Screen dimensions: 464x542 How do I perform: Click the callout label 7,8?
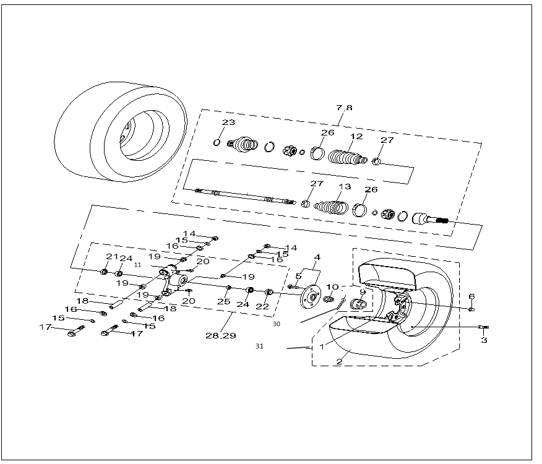point(344,108)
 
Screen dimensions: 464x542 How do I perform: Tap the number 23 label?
point(228,122)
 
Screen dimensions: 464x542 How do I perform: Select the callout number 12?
point(356,137)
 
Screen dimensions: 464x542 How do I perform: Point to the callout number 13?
point(344,186)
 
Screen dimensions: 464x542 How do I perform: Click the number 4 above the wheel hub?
point(317,257)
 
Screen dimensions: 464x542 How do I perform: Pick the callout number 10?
point(333,287)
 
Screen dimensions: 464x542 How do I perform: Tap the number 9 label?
point(363,292)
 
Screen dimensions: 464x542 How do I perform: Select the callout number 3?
point(484,340)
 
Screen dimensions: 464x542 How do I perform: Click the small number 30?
point(276,323)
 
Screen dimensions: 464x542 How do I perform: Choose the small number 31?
point(259,346)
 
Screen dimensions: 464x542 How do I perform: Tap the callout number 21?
point(112,257)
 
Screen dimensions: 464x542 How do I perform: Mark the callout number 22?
point(262,306)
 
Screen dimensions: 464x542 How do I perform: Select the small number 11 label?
point(138,264)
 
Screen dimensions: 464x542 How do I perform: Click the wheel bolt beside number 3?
point(483,327)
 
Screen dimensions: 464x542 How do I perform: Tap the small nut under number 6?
point(472,309)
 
